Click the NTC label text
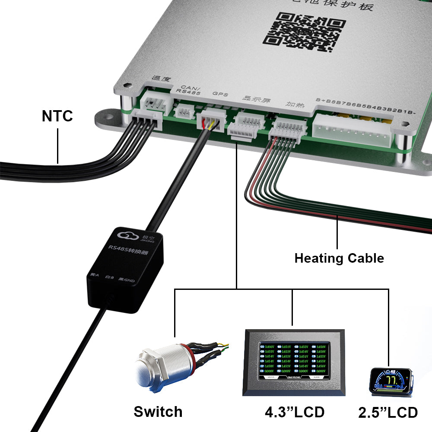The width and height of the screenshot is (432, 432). click(x=57, y=116)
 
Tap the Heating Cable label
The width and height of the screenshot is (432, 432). click(x=339, y=258)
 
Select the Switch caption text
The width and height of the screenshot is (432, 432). click(x=158, y=411)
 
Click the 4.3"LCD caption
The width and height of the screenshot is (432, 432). click(x=294, y=412)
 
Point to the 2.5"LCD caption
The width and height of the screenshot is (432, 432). click(x=388, y=412)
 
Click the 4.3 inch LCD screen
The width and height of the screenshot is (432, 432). click(x=294, y=361)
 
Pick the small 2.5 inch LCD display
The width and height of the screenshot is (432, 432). click(x=391, y=380)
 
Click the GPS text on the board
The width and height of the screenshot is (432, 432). click(x=217, y=94)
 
